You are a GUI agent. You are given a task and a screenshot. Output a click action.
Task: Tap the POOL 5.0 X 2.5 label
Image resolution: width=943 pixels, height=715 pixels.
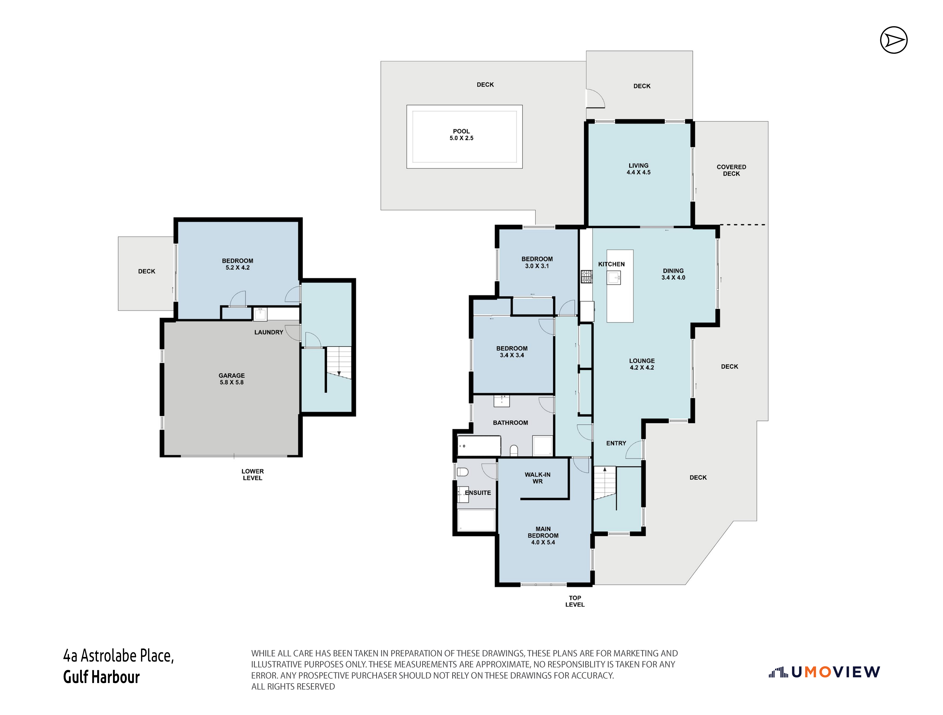point(461,135)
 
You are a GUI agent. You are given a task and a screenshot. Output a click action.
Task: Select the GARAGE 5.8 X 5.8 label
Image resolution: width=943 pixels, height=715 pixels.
point(231,379)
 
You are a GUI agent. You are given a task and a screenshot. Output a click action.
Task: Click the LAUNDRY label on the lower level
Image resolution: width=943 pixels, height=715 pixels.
point(269,332)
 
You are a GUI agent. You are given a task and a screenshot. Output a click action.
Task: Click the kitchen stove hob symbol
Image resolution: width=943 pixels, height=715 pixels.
point(586,277)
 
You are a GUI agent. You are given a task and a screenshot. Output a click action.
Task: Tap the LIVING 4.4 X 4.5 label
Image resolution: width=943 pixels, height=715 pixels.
point(638,169)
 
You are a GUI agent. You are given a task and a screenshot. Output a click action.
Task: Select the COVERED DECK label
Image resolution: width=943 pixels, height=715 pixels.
point(731,170)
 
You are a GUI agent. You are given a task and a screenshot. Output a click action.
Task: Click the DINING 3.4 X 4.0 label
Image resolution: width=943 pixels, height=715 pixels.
point(673,274)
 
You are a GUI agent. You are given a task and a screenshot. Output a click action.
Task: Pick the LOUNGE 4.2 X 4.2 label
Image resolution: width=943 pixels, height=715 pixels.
point(642,364)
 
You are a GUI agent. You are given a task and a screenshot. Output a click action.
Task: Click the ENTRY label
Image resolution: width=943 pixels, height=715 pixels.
point(616,443)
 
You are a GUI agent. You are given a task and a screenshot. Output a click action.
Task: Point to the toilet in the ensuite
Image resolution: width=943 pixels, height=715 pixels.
point(462,472)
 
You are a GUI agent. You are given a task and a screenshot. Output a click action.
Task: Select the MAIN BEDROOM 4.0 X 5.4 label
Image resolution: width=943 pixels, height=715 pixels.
point(543,535)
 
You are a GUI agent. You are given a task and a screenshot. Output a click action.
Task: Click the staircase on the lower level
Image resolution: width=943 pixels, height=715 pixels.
point(339,362)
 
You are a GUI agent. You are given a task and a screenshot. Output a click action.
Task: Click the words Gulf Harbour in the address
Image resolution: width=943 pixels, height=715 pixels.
point(102,677)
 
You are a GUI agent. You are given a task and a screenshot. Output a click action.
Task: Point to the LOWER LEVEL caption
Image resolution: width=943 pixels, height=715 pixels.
point(252,474)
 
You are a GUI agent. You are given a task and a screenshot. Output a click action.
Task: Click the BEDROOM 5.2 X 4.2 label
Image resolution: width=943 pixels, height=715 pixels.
point(237,264)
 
